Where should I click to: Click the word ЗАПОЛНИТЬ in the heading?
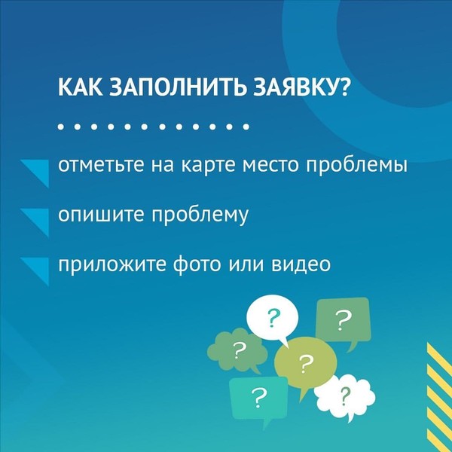pyautogui.click(x=178, y=87)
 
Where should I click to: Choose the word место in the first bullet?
pyautogui.click(x=270, y=166)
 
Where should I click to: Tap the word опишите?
pyautogui.click(x=101, y=215)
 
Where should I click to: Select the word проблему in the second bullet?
pyautogui.click(x=200, y=215)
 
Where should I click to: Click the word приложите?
pyautogui.click(x=112, y=264)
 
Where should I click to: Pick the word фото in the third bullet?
pyautogui.click(x=197, y=264)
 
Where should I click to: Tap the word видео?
pyautogui.click(x=301, y=264)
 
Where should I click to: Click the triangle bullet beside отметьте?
pyautogui.click(x=39, y=170)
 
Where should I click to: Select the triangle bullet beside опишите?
pyautogui.click(x=39, y=219)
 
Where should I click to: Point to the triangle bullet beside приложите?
pyautogui.click(x=39, y=268)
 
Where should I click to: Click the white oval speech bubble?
pyautogui.click(x=272, y=318)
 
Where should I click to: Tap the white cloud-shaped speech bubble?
pyautogui.click(x=345, y=397)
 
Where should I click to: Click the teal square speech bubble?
pyautogui.click(x=258, y=398)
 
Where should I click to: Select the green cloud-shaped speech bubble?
pyautogui.click(x=237, y=350)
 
